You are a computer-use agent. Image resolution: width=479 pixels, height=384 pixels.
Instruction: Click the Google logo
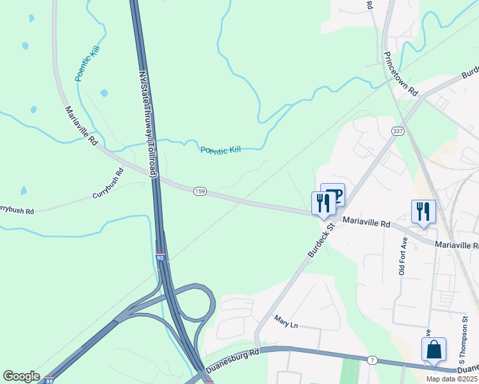point(21,376)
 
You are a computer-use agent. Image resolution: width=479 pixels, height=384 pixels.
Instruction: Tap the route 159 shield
point(199,191)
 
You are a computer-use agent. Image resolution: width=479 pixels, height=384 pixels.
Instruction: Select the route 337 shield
point(398,131)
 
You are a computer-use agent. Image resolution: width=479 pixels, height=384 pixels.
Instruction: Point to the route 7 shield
point(371,362)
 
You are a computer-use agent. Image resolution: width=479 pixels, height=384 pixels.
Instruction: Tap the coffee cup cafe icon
point(333,195)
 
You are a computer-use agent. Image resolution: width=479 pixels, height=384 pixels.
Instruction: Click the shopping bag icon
point(434,350)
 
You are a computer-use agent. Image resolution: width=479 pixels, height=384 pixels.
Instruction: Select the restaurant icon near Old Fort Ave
point(423,211)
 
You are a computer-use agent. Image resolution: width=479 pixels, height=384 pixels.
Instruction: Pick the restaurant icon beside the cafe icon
point(323,204)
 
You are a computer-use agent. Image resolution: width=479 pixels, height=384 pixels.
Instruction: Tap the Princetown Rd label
point(401,72)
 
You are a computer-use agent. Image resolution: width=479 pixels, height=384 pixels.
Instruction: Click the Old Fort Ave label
point(403,257)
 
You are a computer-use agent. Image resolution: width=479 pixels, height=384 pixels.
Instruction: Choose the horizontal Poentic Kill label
point(220,150)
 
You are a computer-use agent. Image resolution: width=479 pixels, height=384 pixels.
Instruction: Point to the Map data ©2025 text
point(451,379)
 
